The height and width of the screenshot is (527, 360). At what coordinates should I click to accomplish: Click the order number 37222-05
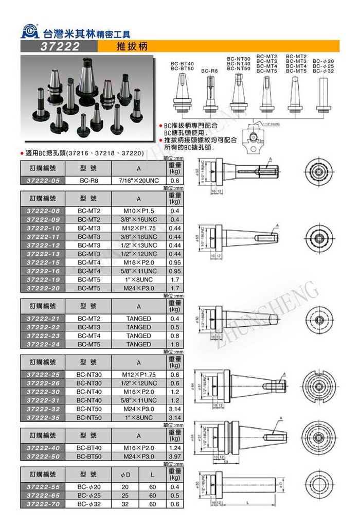tap(45, 181)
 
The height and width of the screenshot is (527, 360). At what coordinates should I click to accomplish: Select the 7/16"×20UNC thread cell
tap(138, 181)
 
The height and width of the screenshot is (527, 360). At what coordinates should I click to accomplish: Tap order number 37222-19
tap(45, 279)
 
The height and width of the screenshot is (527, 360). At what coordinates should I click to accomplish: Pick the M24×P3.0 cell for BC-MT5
tap(138, 288)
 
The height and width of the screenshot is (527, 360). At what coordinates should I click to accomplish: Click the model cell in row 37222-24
tap(89, 344)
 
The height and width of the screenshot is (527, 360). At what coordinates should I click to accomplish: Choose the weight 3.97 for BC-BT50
tap(174, 456)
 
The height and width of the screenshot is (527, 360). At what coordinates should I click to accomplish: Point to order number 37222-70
tap(45, 504)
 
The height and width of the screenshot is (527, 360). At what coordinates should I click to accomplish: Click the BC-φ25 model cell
tap(89, 496)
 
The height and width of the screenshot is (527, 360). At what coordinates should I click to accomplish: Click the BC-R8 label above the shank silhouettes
tap(209, 71)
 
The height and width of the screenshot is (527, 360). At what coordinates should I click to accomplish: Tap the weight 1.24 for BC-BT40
tap(174, 448)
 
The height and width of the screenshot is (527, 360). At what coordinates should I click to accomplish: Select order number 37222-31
tap(45, 400)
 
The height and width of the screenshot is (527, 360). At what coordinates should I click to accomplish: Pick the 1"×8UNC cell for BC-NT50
tap(138, 417)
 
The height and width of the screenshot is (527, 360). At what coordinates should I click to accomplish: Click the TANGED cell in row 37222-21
tap(138, 319)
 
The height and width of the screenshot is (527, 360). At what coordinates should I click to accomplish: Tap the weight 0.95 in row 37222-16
tap(174, 271)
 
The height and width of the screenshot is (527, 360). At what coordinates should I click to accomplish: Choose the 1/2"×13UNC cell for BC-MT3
tap(138, 245)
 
